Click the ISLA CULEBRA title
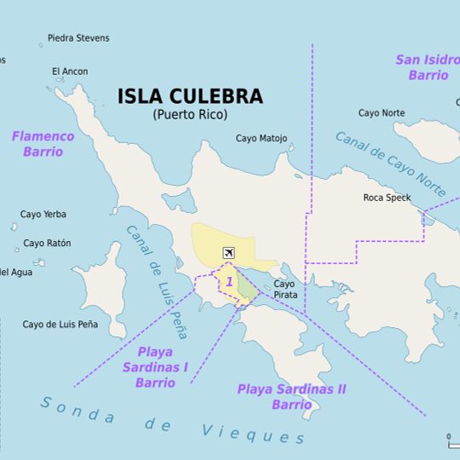click(190, 96)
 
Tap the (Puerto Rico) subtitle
click(190, 115)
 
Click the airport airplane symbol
click(228, 253)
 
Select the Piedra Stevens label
click(78, 38)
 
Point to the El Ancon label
click(70, 72)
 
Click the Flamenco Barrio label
click(43, 144)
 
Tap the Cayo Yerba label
click(43, 215)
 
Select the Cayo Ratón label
click(47, 244)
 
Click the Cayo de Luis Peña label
click(60, 325)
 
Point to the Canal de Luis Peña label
click(157, 281)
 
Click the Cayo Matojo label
click(262, 139)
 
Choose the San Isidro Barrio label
click(428, 67)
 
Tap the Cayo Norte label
click(382, 113)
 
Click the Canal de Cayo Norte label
click(390, 164)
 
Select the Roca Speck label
click(387, 198)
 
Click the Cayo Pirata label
click(285, 289)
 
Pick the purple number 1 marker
click(229, 281)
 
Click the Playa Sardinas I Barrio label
click(154, 367)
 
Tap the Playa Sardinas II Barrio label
click(291, 396)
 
